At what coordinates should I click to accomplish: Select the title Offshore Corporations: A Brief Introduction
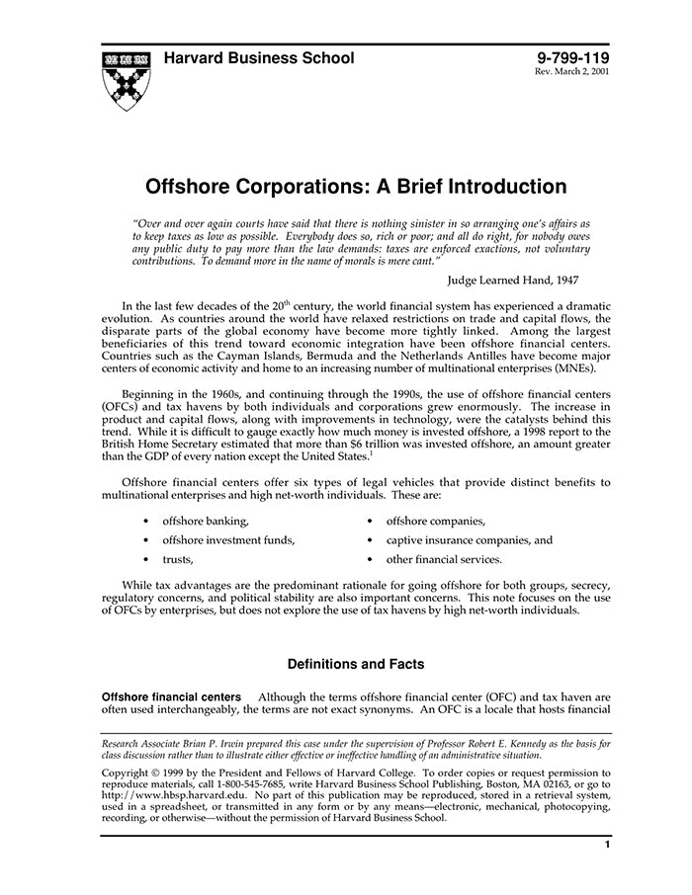click(357, 187)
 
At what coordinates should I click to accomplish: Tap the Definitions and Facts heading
click(356, 664)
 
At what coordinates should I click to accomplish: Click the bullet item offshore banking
click(206, 521)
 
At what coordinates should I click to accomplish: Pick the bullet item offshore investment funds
click(228, 540)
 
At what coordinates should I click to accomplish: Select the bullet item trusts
click(178, 559)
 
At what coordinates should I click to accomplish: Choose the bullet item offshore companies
click(435, 521)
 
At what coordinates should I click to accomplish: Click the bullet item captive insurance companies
click(469, 540)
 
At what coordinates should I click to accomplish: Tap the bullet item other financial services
click(444, 559)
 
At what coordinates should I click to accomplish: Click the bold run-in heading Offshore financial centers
click(172, 696)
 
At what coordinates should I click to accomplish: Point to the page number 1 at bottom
click(607, 845)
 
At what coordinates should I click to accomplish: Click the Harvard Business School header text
click(258, 58)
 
